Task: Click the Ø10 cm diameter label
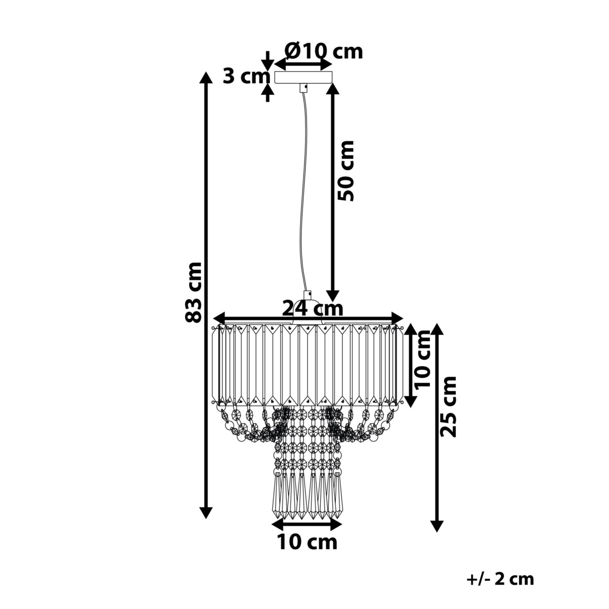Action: (323, 52)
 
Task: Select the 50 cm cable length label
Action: (346, 171)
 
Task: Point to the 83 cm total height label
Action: (193, 293)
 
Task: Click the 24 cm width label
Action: (312, 309)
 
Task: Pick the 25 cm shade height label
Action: (448, 407)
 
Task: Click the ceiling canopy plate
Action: (303, 78)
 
